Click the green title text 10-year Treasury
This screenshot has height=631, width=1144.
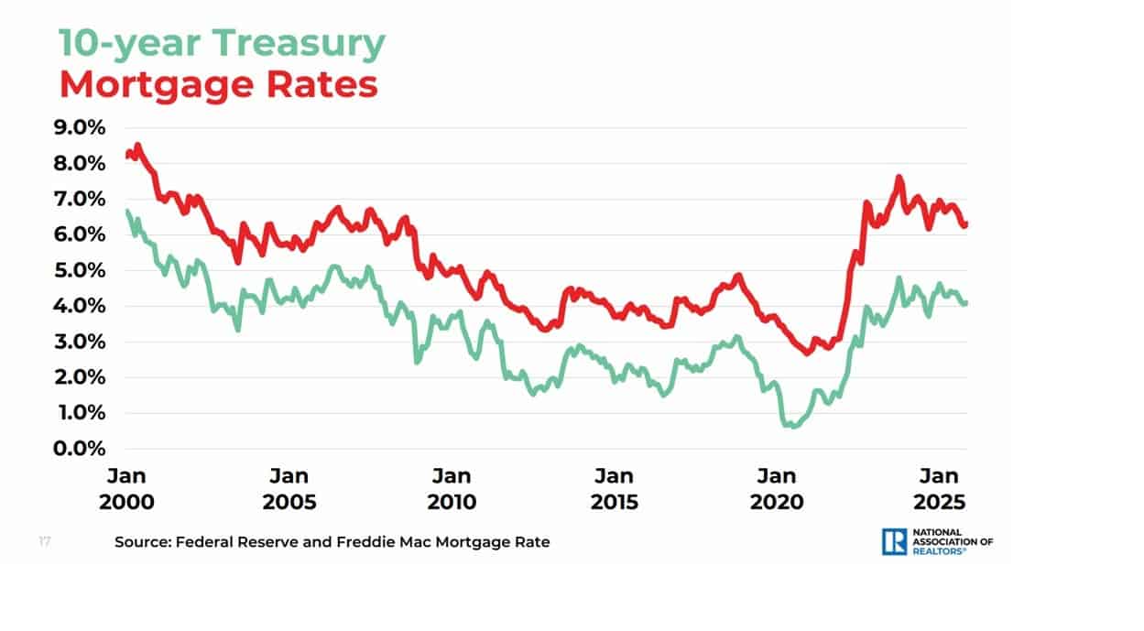(x=222, y=43)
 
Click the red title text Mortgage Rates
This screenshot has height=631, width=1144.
(x=218, y=84)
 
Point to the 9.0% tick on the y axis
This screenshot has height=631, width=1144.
(x=80, y=127)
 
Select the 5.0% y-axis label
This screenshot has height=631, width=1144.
(x=80, y=270)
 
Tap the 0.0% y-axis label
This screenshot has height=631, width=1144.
(x=80, y=449)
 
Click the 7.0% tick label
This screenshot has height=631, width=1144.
(x=80, y=199)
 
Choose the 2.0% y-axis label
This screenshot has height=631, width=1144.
(x=80, y=377)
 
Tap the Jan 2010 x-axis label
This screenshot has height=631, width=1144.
(x=452, y=489)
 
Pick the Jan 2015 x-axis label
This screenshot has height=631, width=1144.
(x=614, y=489)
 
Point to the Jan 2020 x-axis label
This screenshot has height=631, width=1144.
(x=776, y=489)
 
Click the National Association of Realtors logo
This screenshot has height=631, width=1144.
(x=937, y=541)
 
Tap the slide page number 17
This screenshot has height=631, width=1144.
(x=44, y=541)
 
